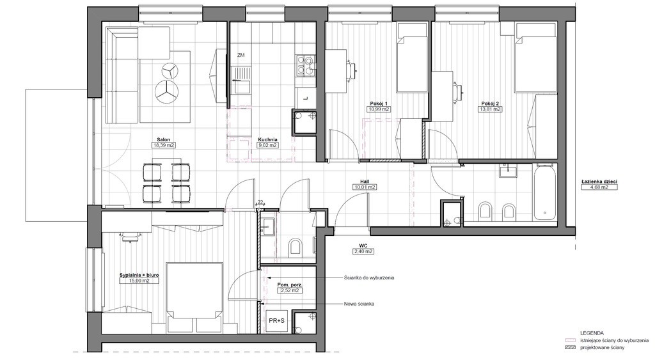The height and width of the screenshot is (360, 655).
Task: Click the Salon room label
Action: (x=163, y=139)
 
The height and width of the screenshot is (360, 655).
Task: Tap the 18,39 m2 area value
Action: (x=163, y=145)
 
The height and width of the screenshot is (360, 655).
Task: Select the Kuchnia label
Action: (x=268, y=139)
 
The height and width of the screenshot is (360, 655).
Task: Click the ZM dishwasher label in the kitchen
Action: (x=241, y=55)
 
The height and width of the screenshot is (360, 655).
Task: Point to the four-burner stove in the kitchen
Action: (x=305, y=66)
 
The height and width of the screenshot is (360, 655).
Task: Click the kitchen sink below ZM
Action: (x=242, y=81)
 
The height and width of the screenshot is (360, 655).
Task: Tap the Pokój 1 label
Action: (x=379, y=104)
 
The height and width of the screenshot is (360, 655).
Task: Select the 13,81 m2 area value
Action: (x=490, y=109)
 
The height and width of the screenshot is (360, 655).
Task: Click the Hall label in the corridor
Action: (x=365, y=182)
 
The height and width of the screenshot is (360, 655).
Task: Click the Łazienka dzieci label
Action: (x=599, y=182)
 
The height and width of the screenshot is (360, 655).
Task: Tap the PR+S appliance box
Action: (x=276, y=321)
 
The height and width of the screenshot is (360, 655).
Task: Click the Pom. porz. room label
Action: (x=290, y=285)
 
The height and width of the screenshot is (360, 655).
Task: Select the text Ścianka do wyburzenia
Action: (x=369, y=278)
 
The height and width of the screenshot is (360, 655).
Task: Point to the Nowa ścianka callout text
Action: (x=359, y=304)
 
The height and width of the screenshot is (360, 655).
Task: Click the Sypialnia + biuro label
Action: (x=139, y=276)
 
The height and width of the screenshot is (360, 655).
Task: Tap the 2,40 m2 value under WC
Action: (x=363, y=251)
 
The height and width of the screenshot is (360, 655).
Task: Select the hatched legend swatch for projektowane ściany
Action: (x=570, y=347)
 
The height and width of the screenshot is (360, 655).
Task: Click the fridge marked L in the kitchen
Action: (x=305, y=98)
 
